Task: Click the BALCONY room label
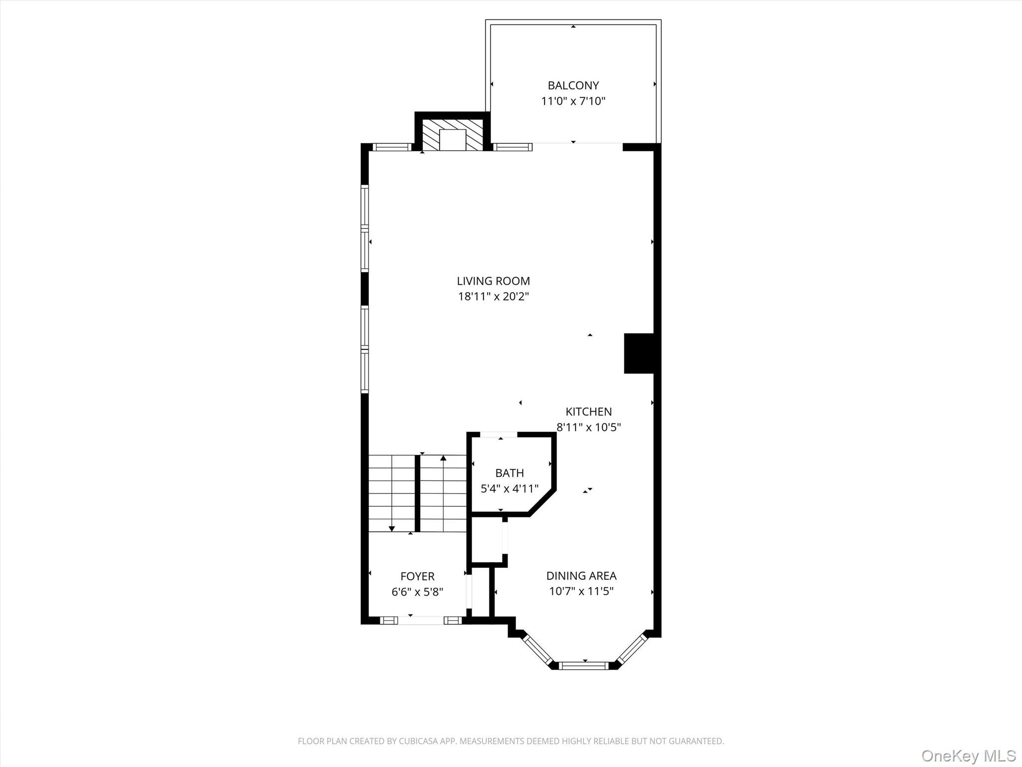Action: [x=573, y=85]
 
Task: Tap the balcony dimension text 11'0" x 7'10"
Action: [x=573, y=101]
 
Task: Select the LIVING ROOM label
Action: [x=493, y=281]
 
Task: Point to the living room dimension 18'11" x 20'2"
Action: [x=493, y=297]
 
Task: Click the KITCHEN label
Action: [x=588, y=411]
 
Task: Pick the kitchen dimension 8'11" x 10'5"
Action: [x=588, y=427]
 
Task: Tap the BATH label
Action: [x=510, y=473]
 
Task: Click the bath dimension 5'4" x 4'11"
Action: [x=510, y=488]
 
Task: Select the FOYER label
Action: [x=417, y=576]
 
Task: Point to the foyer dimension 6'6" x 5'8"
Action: [x=417, y=592]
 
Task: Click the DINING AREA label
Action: [x=581, y=576]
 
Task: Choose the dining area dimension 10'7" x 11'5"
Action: [x=581, y=592]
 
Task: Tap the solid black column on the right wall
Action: [x=639, y=353]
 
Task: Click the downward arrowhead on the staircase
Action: [x=392, y=529]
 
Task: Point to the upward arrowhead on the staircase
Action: [x=443, y=458]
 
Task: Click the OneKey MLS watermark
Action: [x=969, y=756]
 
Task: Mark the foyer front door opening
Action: [x=420, y=620]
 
